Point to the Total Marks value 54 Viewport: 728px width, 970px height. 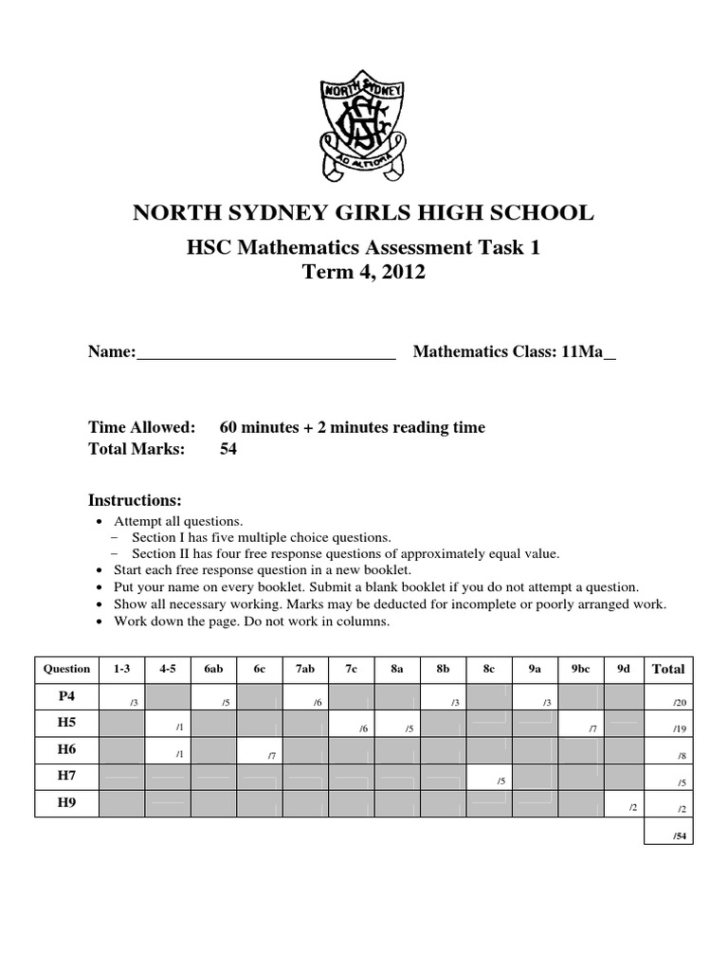tap(228, 449)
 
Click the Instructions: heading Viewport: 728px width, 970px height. tap(135, 500)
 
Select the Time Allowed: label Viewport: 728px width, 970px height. tap(141, 427)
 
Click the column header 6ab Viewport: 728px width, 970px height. tap(214, 669)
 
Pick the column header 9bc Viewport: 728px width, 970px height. tap(581, 669)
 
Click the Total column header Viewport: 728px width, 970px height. tap(667, 669)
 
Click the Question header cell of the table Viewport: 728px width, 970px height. tap(67, 669)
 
